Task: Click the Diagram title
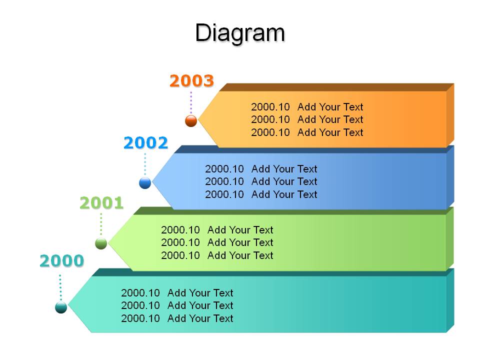click(240, 33)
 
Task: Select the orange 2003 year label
click(191, 81)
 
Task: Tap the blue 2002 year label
click(145, 142)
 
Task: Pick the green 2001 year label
click(101, 203)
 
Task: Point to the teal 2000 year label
click(62, 261)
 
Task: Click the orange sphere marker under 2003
click(191, 120)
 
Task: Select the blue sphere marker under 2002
click(145, 183)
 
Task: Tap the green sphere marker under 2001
click(101, 243)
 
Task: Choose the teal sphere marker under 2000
click(61, 307)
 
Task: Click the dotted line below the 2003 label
click(191, 102)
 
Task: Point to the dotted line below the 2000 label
click(60, 287)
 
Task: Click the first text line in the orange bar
click(307, 107)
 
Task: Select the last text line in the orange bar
click(307, 132)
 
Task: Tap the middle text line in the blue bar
click(261, 181)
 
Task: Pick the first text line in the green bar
click(217, 230)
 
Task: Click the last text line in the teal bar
click(177, 318)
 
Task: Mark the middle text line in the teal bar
click(177, 305)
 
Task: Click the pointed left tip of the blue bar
click(152, 181)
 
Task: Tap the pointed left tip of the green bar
click(108, 242)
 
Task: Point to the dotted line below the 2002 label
click(145, 164)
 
